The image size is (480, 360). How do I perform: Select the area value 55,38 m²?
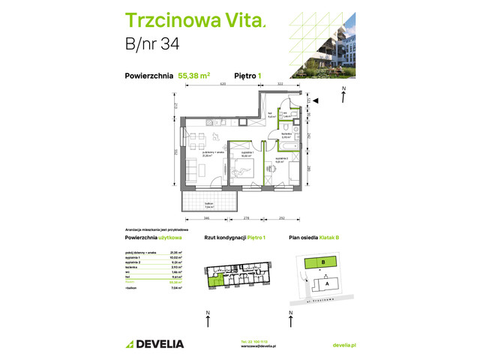[193, 75]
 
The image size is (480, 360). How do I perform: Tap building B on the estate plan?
[322, 262]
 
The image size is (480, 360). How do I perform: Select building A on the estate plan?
[327, 283]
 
